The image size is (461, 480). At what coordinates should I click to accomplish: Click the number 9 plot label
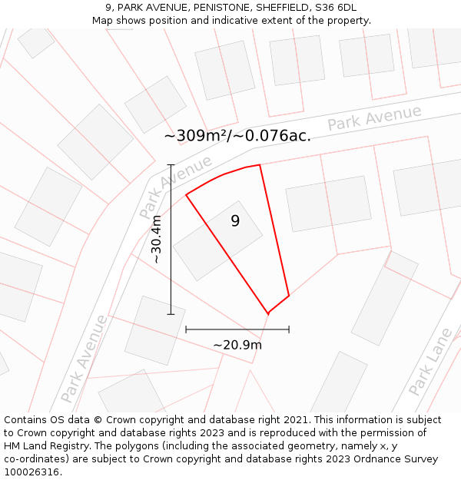pyautogui.click(x=235, y=221)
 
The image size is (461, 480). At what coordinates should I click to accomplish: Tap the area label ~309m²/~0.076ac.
pyautogui.click(x=237, y=136)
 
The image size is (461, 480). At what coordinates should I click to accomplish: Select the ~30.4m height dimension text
pyautogui.click(x=156, y=240)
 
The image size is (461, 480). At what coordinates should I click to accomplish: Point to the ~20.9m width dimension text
pyautogui.click(x=237, y=345)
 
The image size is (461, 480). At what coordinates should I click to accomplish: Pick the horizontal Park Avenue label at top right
pyautogui.click(x=374, y=118)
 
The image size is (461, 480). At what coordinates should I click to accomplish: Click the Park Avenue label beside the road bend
pyautogui.click(x=176, y=187)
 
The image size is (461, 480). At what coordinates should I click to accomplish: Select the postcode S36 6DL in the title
pyautogui.click(x=336, y=8)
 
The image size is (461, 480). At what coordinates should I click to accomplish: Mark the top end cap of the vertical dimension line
pyautogui.click(x=171, y=164)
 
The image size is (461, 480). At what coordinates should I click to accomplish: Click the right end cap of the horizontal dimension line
pyautogui.click(x=289, y=329)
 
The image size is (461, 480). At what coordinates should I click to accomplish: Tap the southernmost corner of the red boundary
pyautogui.click(x=268, y=313)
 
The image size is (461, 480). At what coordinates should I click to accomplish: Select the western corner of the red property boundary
pyautogui.click(x=186, y=195)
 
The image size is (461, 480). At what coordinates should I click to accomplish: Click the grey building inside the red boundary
pyautogui.click(x=217, y=240)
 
